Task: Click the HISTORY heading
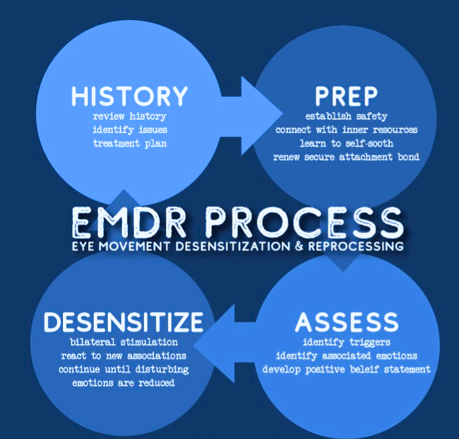(x=129, y=96)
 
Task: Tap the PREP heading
(x=346, y=96)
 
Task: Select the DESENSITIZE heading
(x=123, y=322)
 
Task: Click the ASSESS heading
(x=346, y=322)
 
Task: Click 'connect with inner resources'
(x=346, y=130)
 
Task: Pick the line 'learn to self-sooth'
(x=346, y=143)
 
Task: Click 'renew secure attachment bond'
(x=346, y=157)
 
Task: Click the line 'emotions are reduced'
(x=123, y=383)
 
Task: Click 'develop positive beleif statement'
(x=346, y=369)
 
